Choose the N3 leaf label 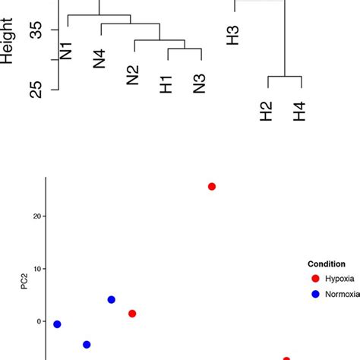201,84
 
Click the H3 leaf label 233,36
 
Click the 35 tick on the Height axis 35,30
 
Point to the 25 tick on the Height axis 35,90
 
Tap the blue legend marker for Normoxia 315,294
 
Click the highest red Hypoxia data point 212,187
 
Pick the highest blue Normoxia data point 112,300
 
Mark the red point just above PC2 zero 132,314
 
